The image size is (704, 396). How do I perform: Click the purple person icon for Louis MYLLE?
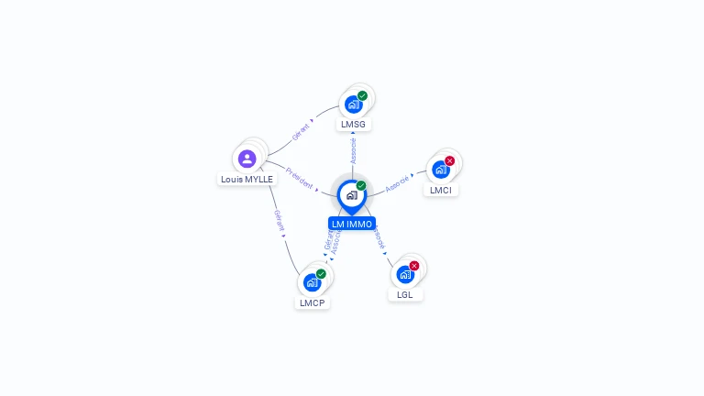[x=247, y=159]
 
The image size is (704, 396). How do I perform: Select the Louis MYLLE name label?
[x=247, y=179]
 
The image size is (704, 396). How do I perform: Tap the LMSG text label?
[x=353, y=124]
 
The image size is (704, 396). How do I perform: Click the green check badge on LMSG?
[x=362, y=95]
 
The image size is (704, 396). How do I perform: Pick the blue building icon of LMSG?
[x=353, y=104]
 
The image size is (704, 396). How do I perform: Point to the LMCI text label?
[x=441, y=190]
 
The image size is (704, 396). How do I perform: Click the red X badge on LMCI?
[x=449, y=161]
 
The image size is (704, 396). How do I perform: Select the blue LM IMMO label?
[x=352, y=224]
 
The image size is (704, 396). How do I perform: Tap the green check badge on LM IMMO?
[x=361, y=185]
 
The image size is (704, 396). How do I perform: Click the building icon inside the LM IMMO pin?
[x=351, y=194]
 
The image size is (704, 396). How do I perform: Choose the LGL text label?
[x=405, y=294]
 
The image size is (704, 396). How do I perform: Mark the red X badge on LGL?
[x=414, y=266]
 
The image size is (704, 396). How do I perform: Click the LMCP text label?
[x=312, y=302]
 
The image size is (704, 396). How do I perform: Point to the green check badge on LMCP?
[x=321, y=273]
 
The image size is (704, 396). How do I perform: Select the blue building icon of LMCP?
[x=312, y=282]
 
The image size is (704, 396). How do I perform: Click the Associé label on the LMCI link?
[x=397, y=183]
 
